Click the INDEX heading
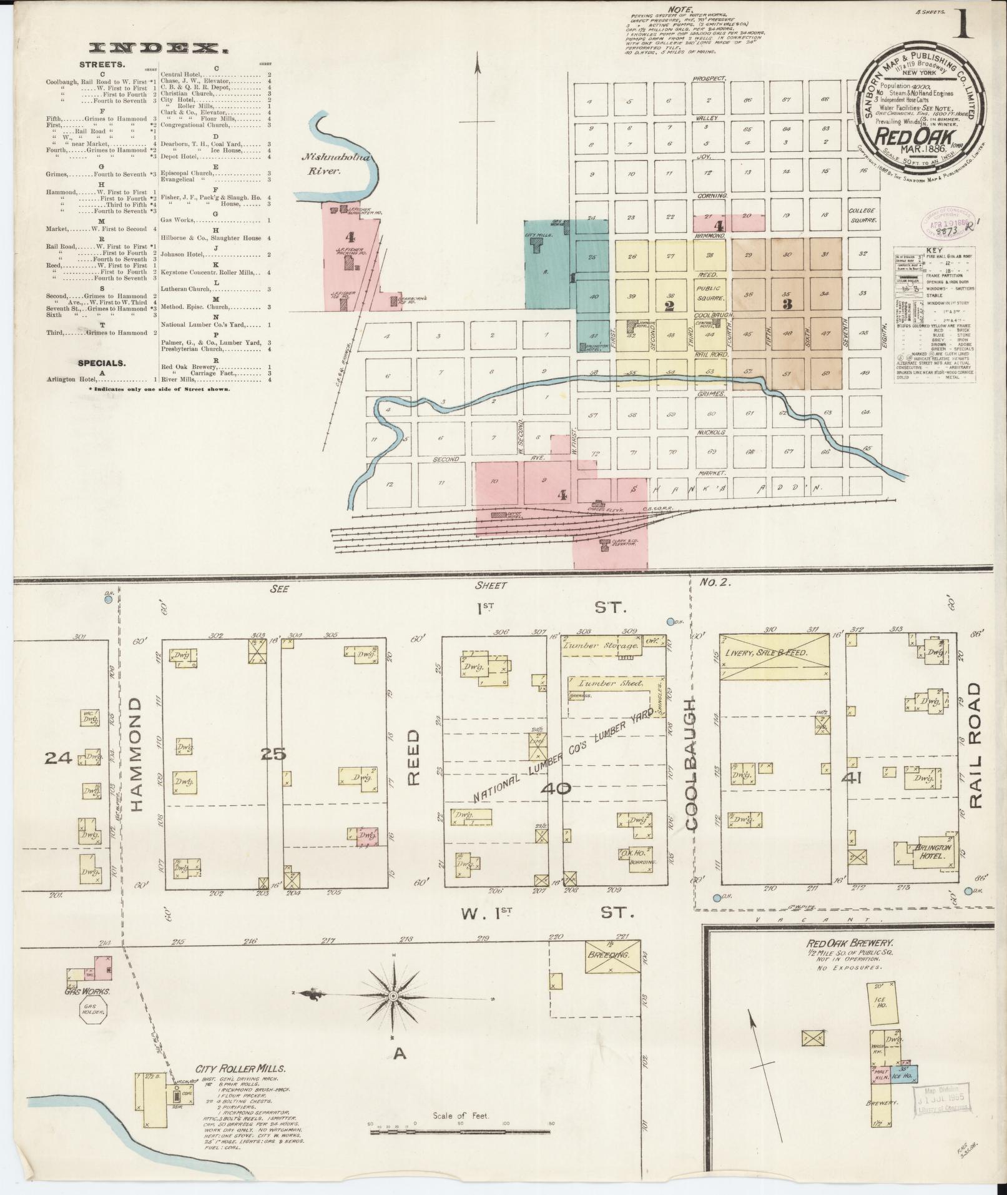[x=158, y=47]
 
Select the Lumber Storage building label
[x=601, y=647]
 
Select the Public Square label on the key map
[x=709, y=293]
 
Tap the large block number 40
[x=556, y=788]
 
